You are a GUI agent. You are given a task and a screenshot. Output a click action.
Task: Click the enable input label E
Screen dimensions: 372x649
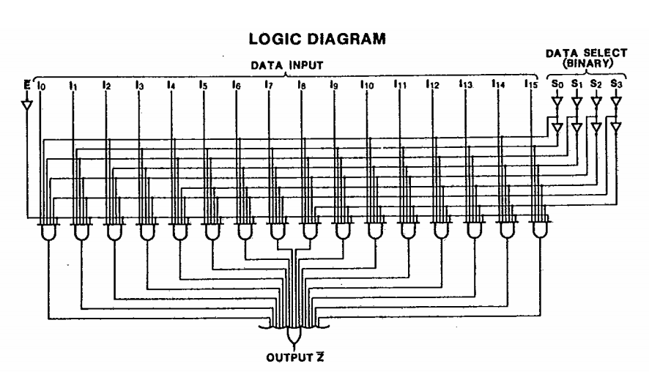27,85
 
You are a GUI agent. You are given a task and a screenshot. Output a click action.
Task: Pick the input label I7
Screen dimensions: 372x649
269,86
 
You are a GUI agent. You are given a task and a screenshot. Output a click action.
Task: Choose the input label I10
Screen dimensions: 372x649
367,86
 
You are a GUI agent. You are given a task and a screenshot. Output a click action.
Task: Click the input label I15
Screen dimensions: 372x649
530,86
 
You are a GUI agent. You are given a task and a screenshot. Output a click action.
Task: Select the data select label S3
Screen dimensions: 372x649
616,86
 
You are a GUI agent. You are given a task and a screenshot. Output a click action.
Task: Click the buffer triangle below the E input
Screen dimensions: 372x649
27,105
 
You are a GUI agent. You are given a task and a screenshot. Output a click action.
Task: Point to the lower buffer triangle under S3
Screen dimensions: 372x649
616,129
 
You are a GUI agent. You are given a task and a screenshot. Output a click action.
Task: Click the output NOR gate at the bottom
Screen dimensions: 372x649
294,335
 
